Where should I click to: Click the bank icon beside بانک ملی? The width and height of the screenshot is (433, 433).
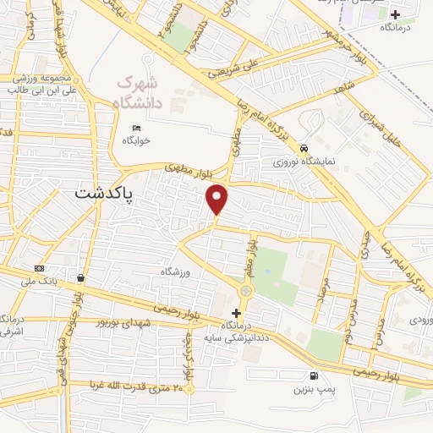click(39, 267)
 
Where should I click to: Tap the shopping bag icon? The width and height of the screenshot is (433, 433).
click(80, 277)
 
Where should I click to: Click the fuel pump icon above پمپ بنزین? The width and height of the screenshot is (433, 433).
click(315, 375)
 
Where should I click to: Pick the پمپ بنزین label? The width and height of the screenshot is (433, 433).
click(310, 389)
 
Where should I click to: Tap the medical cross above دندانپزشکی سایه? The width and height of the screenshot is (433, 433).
click(236, 313)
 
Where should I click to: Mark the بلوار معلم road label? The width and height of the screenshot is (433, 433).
click(251, 251)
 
